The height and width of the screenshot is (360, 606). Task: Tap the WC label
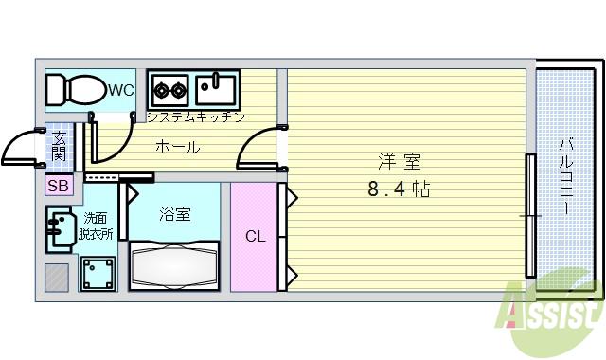(120, 91)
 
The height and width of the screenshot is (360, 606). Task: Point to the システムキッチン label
(196, 117)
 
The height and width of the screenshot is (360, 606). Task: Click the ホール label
(177, 147)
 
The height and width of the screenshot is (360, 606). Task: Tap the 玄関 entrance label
(59, 149)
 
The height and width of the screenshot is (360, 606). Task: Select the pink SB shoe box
(58, 186)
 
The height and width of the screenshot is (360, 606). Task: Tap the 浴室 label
(174, 214)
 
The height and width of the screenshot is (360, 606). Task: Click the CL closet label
(255, 236)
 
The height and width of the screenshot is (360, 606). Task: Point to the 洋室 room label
(399, 161)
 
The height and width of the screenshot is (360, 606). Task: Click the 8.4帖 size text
(399, 189)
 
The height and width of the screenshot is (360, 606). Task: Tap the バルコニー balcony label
(565, 176)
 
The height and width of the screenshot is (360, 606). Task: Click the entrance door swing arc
(23, 150)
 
